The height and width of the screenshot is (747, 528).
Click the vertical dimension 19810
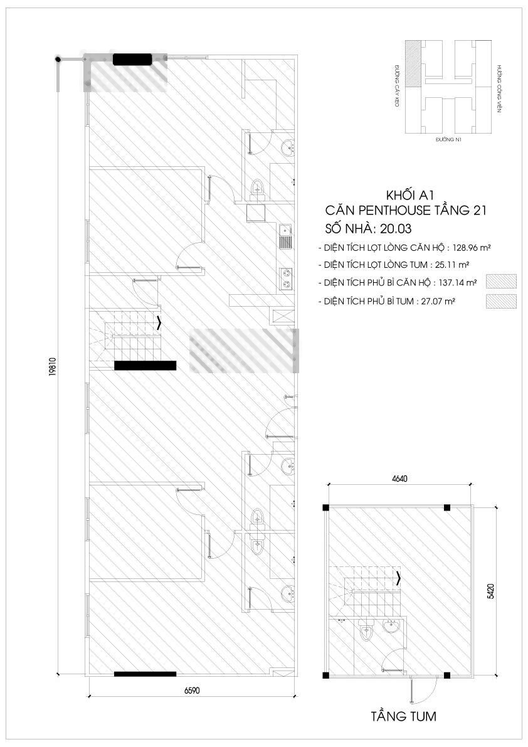click(x=52, y=368)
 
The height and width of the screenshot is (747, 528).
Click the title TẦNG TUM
click(x=403, y=716)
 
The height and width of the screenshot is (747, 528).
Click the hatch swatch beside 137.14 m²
click(x=501, y=282)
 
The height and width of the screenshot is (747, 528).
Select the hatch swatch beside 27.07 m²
click(x=501, y=302)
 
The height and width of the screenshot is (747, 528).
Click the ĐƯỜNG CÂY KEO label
click(x=396, y=86)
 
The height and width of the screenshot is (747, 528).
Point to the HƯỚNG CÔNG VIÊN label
click(x=499, y=88)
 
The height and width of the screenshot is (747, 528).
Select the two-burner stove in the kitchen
click(x=286, y=278)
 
